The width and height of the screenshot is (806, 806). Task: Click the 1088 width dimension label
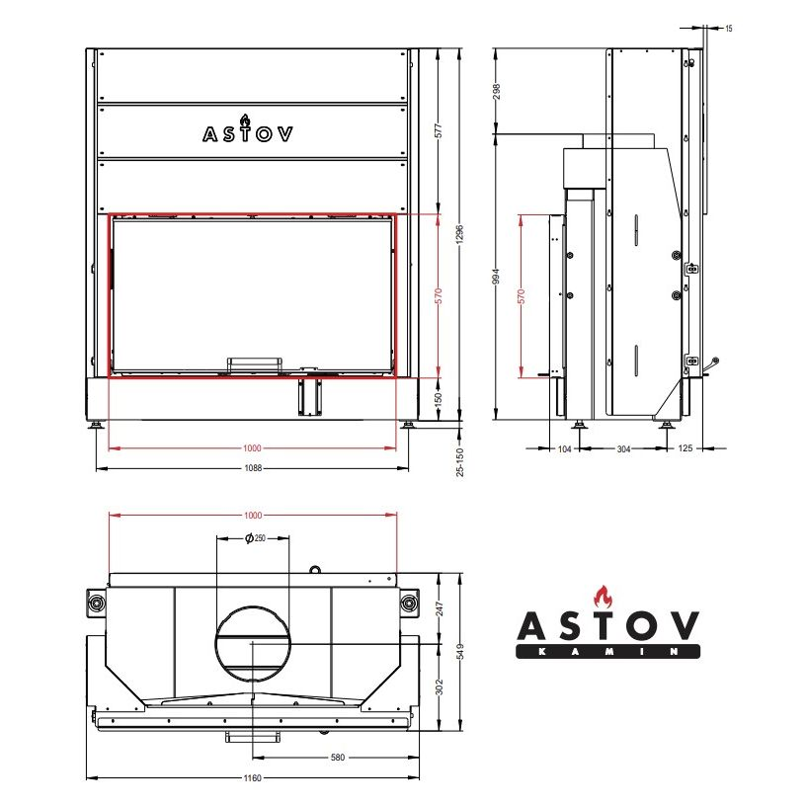click(253, 468)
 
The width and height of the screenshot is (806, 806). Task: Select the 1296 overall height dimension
click(460, 234)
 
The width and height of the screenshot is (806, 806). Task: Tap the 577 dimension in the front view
click(439, 131)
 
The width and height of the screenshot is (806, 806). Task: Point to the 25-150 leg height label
click(460, 462)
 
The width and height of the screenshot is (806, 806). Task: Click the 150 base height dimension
click(439, 398)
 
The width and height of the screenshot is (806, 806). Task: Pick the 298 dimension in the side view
click(496, 92)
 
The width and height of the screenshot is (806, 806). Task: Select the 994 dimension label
click(496, 276)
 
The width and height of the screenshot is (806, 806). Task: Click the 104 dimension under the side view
click(564, 449)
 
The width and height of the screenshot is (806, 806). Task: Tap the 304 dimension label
click(623, 449)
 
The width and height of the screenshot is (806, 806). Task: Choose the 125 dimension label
click(685, 448)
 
